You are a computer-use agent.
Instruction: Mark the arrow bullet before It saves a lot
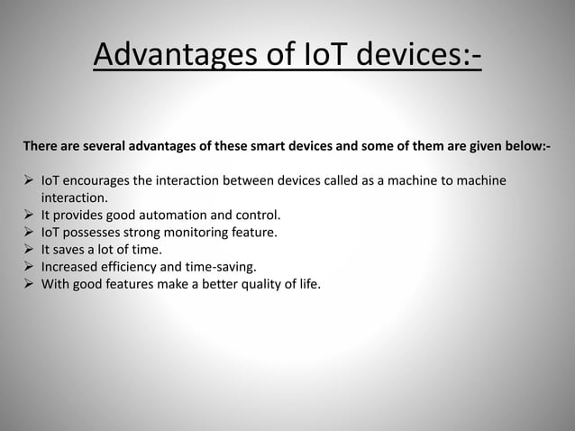click(x=29, y=250)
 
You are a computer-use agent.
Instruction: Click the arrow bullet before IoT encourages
click(x=29, y=181)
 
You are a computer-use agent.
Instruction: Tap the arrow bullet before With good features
click(x=29, y=284)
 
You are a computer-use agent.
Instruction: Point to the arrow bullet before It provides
click(x=29, y=215)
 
